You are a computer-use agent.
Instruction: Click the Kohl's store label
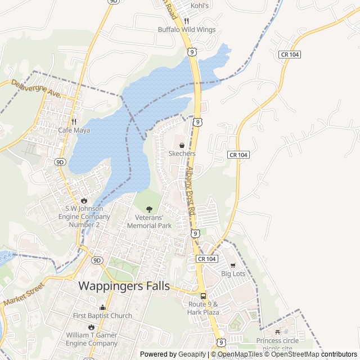pos(200,6)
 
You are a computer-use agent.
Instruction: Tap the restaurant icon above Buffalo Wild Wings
pos(186,21)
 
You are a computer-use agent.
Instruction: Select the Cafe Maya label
pos(74,130)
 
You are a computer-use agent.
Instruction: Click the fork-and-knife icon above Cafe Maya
pos(74,121)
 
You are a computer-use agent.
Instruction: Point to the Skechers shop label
pos(182,154)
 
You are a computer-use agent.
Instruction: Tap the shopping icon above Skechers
pos(182,145)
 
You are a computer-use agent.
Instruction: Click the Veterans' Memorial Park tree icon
pos(149,209)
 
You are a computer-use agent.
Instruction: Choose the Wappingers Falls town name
pos(124,286)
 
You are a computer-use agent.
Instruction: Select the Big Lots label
pos(233,273)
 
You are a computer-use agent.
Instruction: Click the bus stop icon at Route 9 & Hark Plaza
pos(203,296)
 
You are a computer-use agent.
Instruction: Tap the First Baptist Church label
pos(102,316)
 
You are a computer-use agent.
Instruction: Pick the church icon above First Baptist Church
pos(102,307)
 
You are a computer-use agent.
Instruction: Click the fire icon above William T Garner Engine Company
pos(91,327)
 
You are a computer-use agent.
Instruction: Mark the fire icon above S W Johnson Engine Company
pos(84,200)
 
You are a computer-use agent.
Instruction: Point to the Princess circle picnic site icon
pos(278,332)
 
